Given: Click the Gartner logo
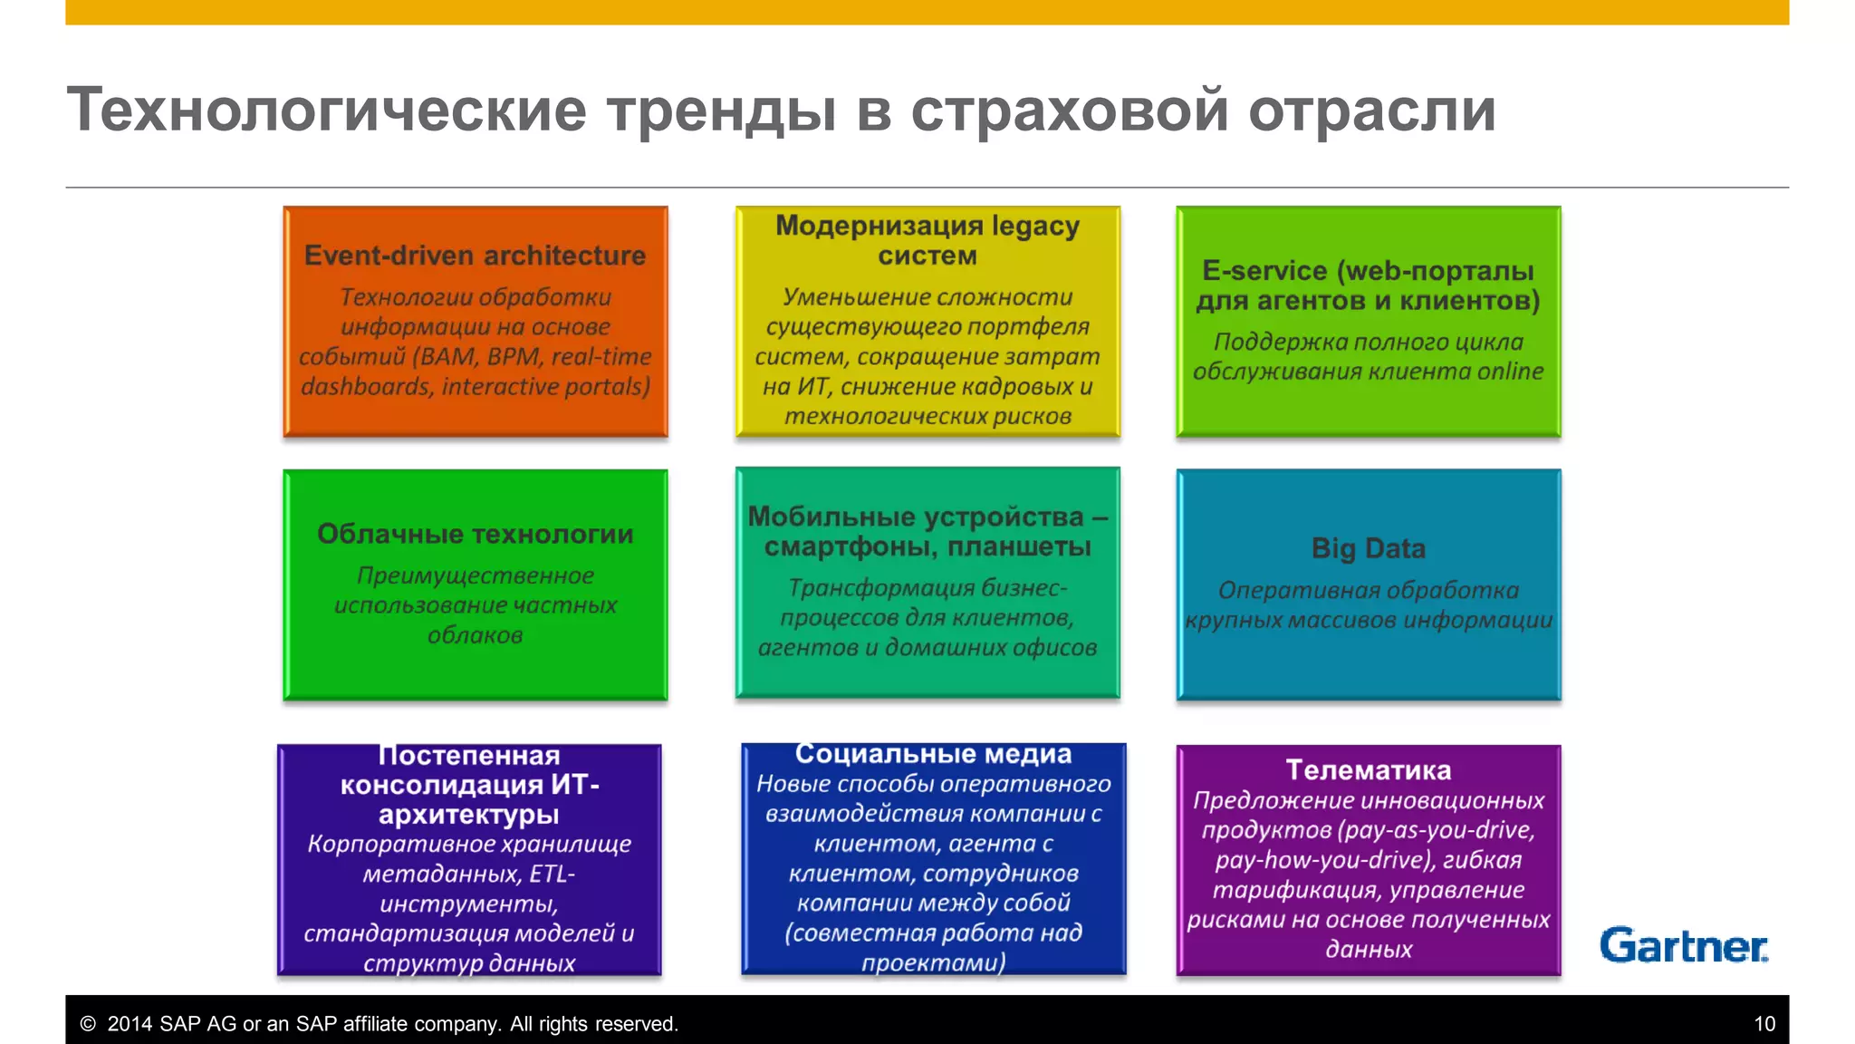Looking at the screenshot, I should (x=1683, y=945).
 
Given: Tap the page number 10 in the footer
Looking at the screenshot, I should (x=1764, y=1024).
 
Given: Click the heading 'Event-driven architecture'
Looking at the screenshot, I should (x=475, y=256).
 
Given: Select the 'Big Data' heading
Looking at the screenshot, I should (x=1368, y=548).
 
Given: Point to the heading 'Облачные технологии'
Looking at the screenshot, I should (x=475, y=534).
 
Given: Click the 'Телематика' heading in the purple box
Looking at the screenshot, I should (x=1368, y=770).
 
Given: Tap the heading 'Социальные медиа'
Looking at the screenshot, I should (x=933, y=754).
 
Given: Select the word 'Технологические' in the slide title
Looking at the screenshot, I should (x=327, y=110).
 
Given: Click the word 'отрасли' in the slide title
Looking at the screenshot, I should (x=1371, y=110).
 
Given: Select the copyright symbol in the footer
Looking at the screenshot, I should (x=88, y=1024).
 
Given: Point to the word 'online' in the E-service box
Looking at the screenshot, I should (x=1510, y=372).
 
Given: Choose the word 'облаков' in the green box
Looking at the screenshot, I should (x=475, y=635).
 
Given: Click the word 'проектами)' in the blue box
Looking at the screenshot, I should (x=933, y=962).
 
